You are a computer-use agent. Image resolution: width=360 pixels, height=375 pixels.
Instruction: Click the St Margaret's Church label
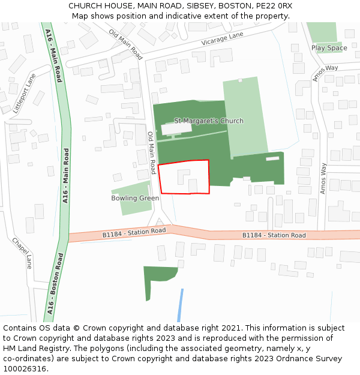tap(208, 121)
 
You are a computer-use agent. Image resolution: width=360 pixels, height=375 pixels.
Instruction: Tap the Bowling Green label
tap(135, 198)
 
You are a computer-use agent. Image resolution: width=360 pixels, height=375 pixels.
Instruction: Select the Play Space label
tap(329, 48)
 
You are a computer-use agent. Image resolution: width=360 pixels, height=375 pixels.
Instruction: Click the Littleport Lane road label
tap(24, 93)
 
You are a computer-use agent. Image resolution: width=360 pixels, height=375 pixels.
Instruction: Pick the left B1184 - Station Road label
tap(134, 231)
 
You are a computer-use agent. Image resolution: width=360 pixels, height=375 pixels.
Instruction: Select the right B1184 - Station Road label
tap(274, 235)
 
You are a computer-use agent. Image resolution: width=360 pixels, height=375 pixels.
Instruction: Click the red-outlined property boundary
tap(184, 177)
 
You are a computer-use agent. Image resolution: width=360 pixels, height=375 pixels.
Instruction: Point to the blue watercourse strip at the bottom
tap(180, 306)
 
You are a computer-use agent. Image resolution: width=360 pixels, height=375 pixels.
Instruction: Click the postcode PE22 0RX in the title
tap(274, 5)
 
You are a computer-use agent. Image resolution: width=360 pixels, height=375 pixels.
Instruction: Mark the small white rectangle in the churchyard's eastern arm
tap(272, 158)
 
